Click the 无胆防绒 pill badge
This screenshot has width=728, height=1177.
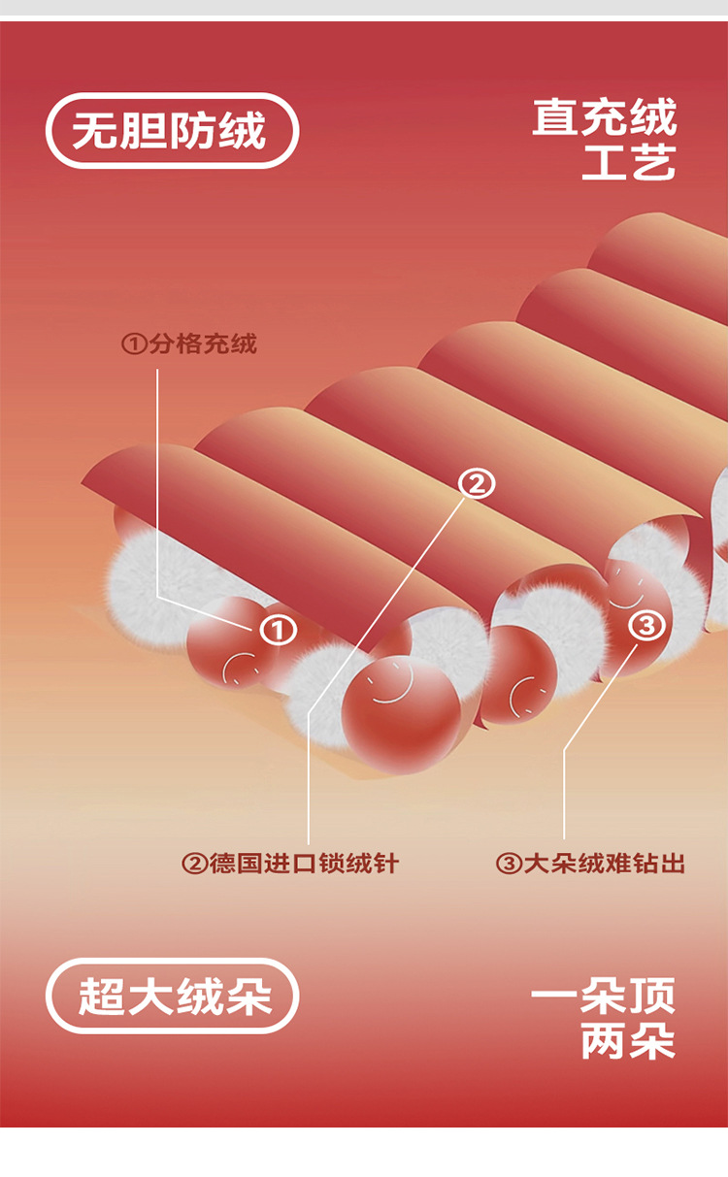click(x=172, y=130)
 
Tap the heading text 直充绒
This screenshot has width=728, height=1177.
click(x=604, y=118)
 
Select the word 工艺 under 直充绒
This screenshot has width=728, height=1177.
click(x=628, y=162)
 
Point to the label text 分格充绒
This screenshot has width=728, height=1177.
click(x=203, y=343)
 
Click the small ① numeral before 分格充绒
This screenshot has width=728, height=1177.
click(x=133, y=343)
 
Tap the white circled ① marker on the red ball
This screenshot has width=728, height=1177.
click(x=278, y=630)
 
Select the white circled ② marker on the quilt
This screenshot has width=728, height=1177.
click(x=476, y=482)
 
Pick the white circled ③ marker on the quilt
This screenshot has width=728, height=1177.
click(x=647, y=624)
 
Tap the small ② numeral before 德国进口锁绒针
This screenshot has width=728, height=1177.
click(x=194, y=863)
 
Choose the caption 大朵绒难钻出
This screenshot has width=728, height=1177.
click(x=604, y=863)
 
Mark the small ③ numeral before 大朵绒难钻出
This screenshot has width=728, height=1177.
click(x=508, y=863)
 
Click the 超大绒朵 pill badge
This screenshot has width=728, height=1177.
click(x=172, y=996)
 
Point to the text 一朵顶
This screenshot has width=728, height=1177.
click(x=603, y=997)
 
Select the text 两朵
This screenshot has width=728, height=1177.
click(x=628, y=1041)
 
